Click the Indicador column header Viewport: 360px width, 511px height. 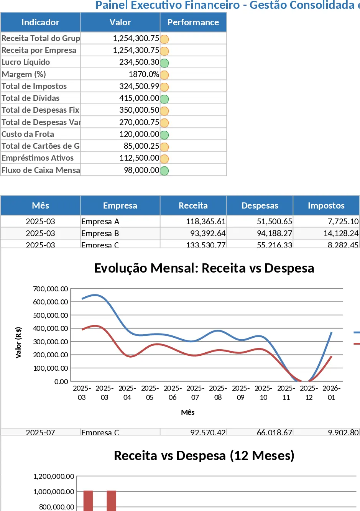(x=40, y=22)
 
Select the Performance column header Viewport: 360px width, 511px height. (x=193, y=22)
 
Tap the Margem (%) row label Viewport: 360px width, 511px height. (x=24, y=74)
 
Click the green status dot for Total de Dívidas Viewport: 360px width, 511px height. (x=164, y=99)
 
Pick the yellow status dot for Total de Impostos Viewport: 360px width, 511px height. (x=164, y=87)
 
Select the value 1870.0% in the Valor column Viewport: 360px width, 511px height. (x=144, y=74)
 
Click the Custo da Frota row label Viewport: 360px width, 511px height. (x=28, y=134)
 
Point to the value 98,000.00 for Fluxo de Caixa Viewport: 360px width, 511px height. (x=141, y=170)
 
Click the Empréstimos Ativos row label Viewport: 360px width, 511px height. (x=38, y=158)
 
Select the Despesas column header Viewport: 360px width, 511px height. (x=260, y=205)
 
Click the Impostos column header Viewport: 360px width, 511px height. (x=326, y=205)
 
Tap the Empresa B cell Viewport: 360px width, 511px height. (x=100, y=233)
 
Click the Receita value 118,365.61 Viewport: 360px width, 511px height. (x=205, y=222)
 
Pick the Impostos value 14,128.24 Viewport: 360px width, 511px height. (x=341, y=233)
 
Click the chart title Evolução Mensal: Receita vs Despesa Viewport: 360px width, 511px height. (x=204, y=268)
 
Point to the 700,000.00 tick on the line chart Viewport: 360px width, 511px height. (x=51, y=289)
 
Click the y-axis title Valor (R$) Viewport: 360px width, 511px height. (x=18, y=342)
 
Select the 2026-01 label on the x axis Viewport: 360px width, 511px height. (x=331, y=393)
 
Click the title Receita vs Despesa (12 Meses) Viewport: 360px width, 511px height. (x=204, y=455)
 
